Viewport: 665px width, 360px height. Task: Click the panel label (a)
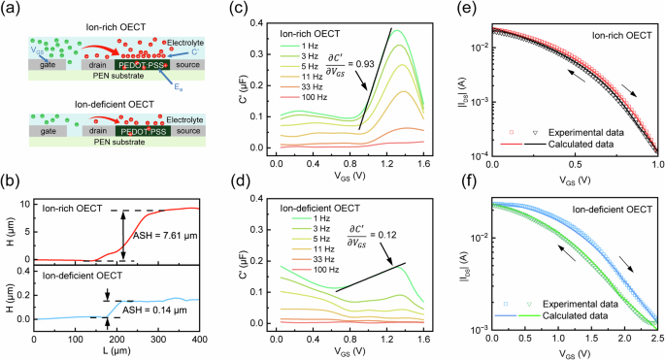[x=11, y=9]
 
